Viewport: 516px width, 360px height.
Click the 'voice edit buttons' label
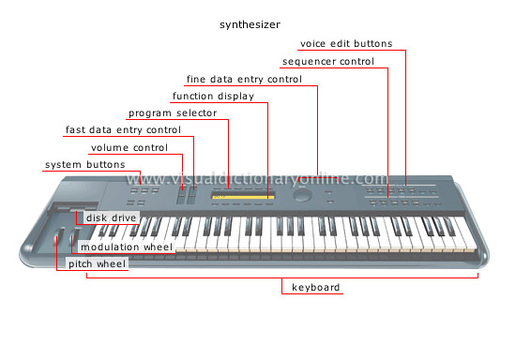[346, 43]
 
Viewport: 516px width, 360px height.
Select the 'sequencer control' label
[328, 62]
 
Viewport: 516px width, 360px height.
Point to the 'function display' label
[212, 96]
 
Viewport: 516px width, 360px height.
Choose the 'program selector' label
[174, 113]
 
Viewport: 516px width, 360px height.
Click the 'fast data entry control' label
[123, 130]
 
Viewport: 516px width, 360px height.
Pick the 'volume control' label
[129, 148]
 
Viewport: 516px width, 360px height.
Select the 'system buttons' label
[84, 166]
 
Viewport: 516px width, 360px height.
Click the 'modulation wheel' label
[126, 247]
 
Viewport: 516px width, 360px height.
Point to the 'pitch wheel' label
[97, 264]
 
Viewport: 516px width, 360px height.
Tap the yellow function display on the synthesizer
[242, 197]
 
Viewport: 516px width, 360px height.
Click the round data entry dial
[303, 196]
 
